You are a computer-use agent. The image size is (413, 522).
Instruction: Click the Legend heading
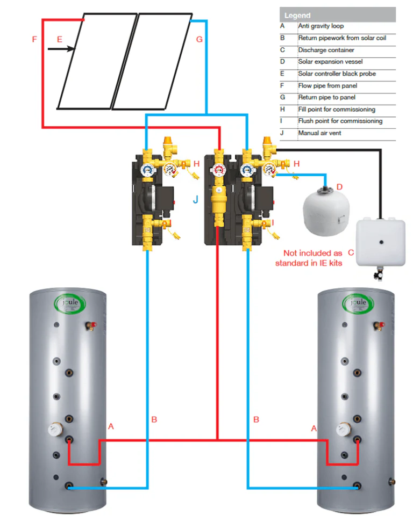(297, 16)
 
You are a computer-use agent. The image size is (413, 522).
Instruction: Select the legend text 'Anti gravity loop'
(321, 26)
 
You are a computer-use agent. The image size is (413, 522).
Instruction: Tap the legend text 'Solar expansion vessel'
(327, 62)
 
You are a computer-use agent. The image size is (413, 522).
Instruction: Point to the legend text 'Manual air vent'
(319, 133)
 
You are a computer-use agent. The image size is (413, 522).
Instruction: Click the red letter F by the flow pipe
(34, 40)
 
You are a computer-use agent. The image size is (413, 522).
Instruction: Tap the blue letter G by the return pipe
(200, 40)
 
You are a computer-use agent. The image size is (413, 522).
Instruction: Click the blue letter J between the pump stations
(196, 200)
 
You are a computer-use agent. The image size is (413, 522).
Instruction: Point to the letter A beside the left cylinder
(111, 426)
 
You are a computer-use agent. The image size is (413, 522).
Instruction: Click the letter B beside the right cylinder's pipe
(257, 419)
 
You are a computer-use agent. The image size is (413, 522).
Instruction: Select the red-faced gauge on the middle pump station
(218, 171)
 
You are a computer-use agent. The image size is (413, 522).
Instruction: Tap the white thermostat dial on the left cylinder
(54, 429)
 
